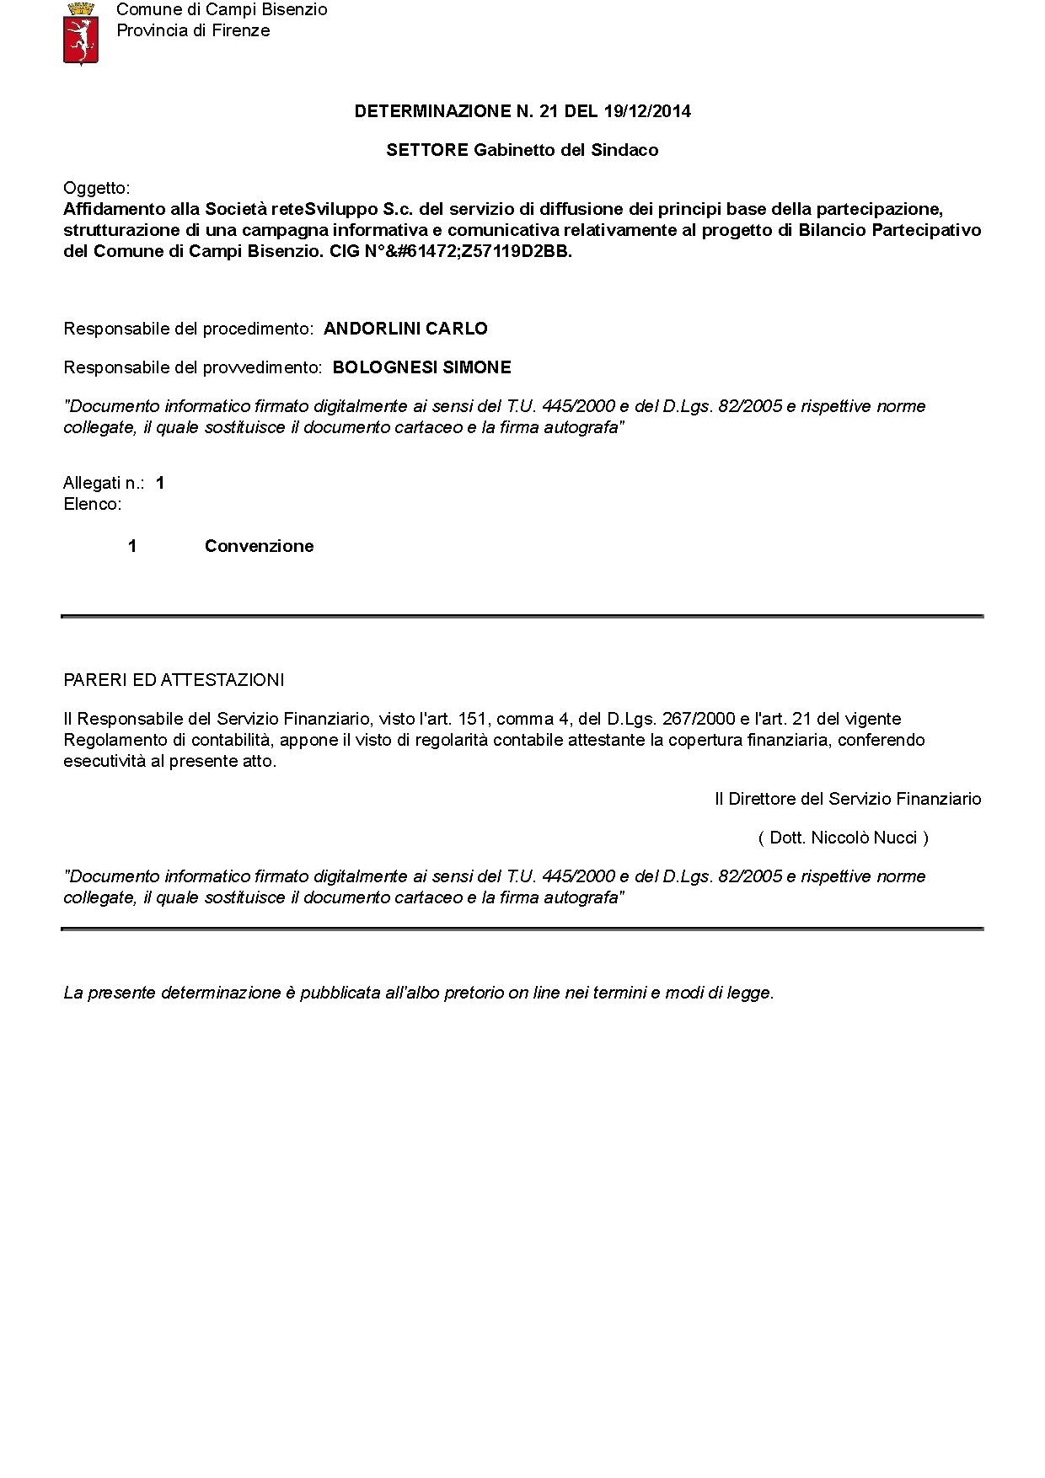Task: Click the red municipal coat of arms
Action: tap(81, 34)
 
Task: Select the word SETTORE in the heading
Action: tap(427, 150)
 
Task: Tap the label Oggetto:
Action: tap(97, 188)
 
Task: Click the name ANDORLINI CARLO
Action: tap(405, 329)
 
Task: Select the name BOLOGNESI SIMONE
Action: tap(421, 367)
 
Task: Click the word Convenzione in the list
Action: tap(259, 546)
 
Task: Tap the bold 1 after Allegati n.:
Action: tap(160, 483)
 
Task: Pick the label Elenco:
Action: tap(93, 504)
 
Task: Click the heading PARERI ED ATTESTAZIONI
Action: tap(174, 680)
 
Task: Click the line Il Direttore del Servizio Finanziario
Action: tap(848, 799)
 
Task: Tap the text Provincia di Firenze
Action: tap(193, 30)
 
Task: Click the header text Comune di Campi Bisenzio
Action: tap(222, 9)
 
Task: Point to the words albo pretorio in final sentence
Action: tap(465, 993)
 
